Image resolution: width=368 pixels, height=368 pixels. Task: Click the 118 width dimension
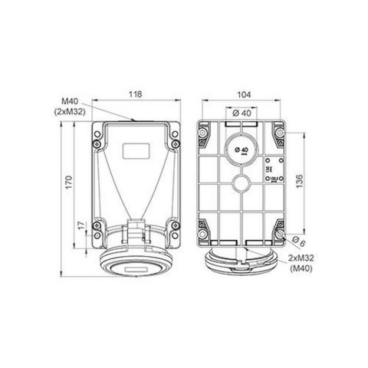(135, 94)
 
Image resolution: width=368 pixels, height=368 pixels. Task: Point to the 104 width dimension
(245, 94)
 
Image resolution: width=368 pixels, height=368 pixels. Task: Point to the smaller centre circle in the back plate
(243, 184)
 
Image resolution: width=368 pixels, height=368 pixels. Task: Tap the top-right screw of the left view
(174, 136)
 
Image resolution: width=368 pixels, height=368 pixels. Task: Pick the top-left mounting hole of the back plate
(203, 136)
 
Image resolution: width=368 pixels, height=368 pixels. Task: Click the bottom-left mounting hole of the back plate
(204, 231)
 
